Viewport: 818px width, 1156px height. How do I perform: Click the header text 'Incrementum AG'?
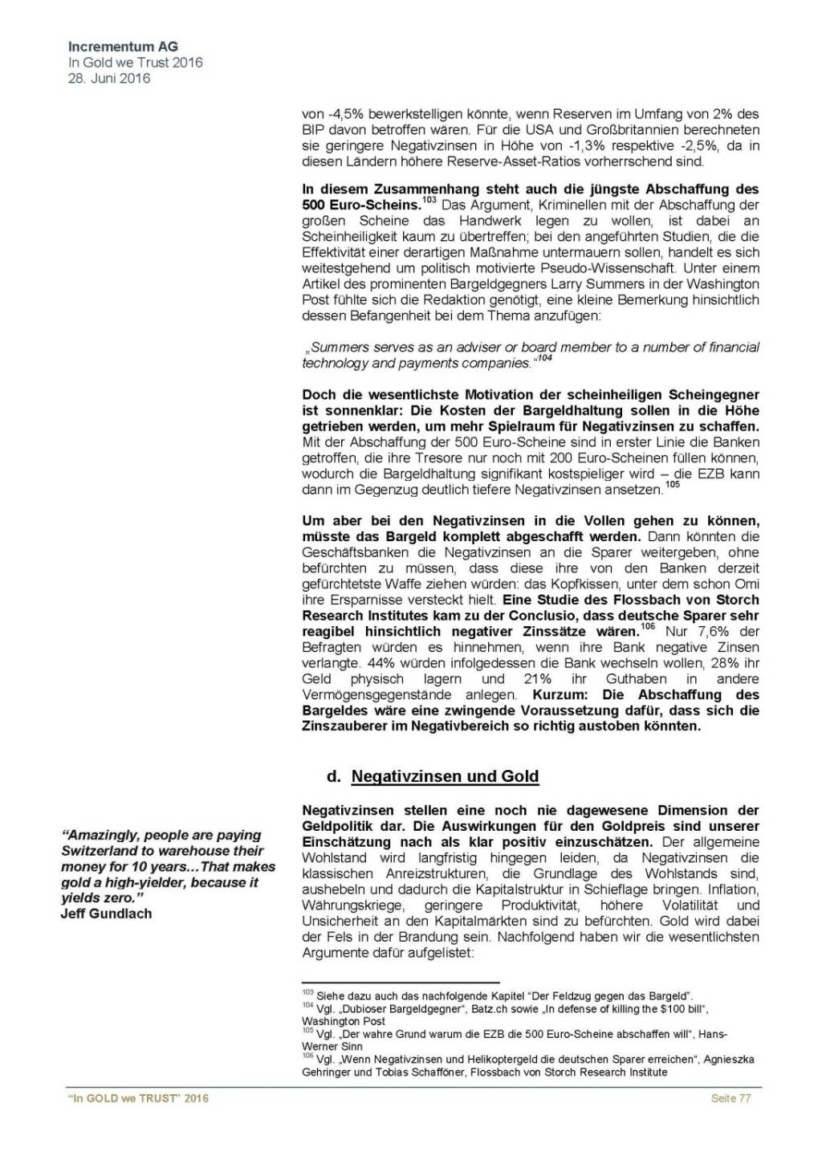pyautogui.click(x=123, y=47)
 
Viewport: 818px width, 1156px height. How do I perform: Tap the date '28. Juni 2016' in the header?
pyautogui.click(x=109, y=79)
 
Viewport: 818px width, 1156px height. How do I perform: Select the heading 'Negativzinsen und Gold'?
pyautogui.click(x=445, y=776)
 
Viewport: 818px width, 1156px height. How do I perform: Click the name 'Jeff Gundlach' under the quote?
pyautogui.click(x=106, y=914)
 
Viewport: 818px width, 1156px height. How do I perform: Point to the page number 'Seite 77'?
pyautogui.click(x=731, y=1098)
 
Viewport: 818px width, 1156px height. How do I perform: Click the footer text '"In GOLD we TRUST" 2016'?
pyautogui.click(x=139, y=1098)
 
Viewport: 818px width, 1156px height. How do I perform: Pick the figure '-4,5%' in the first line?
pyautogui.click(x=340, y=114)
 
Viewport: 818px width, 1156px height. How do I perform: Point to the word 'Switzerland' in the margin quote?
pyautogui.click(x=99, y=851)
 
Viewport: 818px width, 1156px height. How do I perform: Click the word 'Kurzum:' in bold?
pyautogui.click(x=559, y=694)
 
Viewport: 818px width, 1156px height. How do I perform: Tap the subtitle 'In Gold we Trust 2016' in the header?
pyautogui.click(x=135, y=63)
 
